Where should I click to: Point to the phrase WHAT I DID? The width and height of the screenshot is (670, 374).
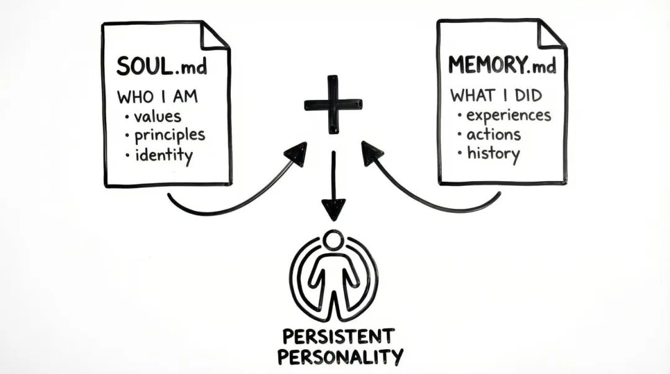point(496,96)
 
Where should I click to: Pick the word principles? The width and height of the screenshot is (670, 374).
point(169,135)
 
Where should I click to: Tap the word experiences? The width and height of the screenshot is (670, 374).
point(508,115)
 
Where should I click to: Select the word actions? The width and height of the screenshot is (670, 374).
point(493,134)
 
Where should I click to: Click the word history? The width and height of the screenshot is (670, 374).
point(493,153)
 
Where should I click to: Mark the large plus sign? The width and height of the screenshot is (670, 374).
point(333,104)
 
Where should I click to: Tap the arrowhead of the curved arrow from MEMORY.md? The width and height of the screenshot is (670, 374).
point(371,152)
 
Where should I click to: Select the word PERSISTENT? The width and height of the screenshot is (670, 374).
point(338,337)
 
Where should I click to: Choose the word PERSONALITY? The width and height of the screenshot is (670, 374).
point(340,357)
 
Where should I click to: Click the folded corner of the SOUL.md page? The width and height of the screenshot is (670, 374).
point(215,35)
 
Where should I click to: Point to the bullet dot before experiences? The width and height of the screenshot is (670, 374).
point(460,116)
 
